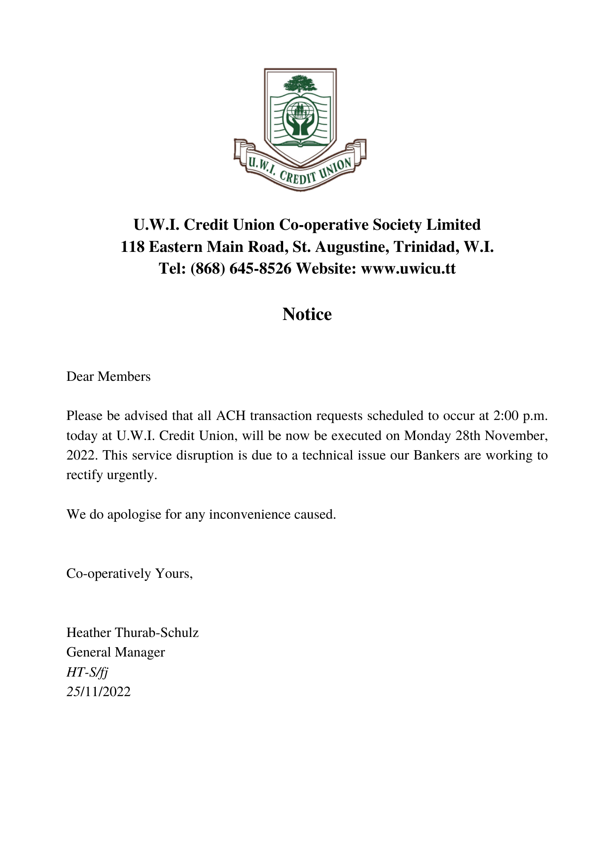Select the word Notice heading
tap(307, 314)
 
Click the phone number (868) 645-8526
tap(241, 268)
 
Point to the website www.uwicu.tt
tap(408, 268)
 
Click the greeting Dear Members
tap(109, 377)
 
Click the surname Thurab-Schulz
tap(157, 633)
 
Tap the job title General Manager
tap(115, 652)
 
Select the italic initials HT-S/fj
tap(87, 672)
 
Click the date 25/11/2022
tap(98, 692)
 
